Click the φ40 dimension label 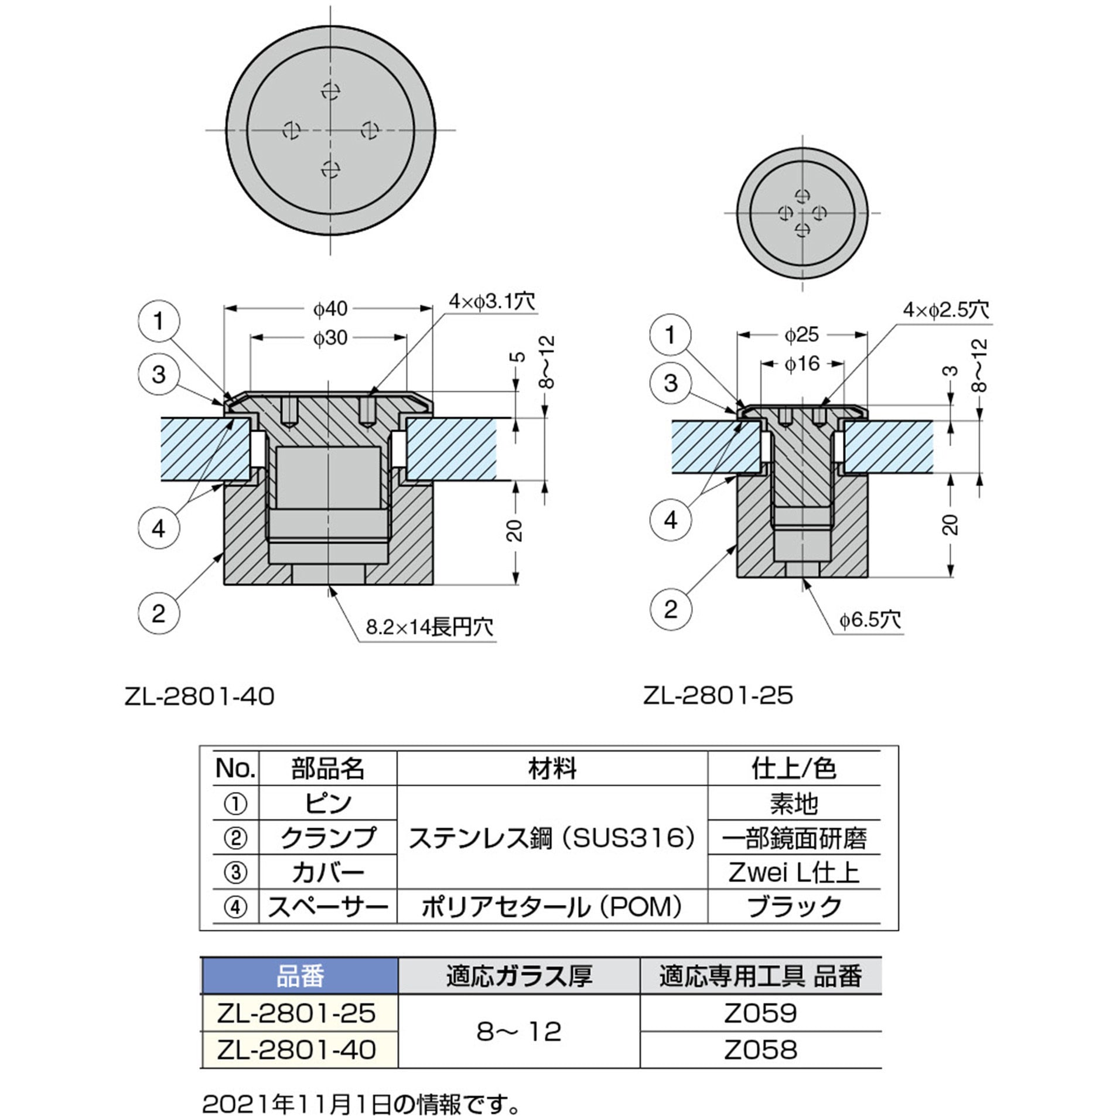pos(330,309)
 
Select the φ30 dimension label pos(330,338)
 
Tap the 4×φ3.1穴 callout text pos(491,302)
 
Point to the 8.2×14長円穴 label pos(429,627)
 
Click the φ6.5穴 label pos(869,620)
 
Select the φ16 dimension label pos(802,364)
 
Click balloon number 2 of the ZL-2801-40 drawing pos(158,614)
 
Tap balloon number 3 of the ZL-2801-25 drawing pos(670,384)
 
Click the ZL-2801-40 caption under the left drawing pos(199,697)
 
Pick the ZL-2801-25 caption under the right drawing pos(718,696)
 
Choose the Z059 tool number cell pos(760,1013)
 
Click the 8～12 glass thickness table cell pos(518,1032)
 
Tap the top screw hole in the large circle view pos(331,91)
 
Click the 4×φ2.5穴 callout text pos(945,310)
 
